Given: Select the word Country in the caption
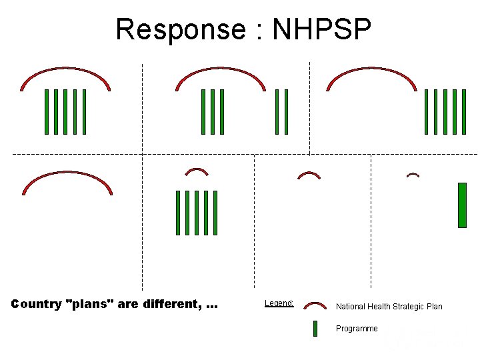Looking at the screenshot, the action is click(37, 305).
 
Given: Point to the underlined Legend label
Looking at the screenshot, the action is click(279, 303).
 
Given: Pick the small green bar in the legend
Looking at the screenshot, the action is click(315, 329).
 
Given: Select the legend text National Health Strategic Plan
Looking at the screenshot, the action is click(389, 307).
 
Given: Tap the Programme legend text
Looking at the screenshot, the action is click(357, 329).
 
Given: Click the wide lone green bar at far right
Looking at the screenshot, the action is click(462, 205).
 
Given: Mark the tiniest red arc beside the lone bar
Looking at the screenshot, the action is click(413, 175).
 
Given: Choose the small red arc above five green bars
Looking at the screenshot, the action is click(197, 171).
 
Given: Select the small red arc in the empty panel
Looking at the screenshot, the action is click(309, 175).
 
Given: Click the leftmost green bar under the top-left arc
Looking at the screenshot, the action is click(47, 111).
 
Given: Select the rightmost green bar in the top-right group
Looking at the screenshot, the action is click(464, 111).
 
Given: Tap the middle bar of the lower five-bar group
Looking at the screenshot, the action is click(197, 213).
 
